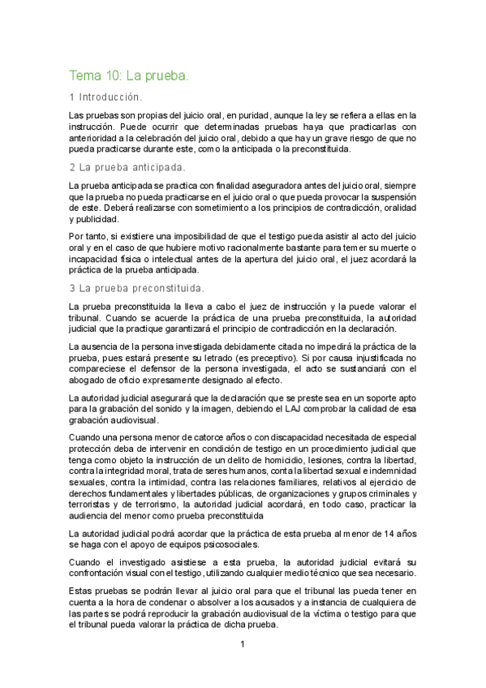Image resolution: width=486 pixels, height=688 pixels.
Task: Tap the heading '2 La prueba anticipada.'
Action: pos(127,168)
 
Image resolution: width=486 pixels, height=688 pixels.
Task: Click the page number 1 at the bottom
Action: pos(242,646)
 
